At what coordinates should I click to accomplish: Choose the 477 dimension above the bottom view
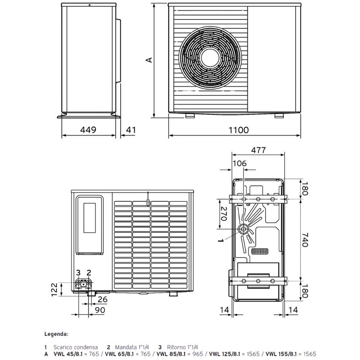[258, 150]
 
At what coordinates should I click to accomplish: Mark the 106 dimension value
[239, 163]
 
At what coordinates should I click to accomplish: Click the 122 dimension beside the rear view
[55, 291]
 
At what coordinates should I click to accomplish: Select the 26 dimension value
[102, 299]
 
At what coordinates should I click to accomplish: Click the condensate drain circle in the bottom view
[244, 229]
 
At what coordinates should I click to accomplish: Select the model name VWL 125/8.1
[225, 353]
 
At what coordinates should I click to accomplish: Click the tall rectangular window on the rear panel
[89, 218]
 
